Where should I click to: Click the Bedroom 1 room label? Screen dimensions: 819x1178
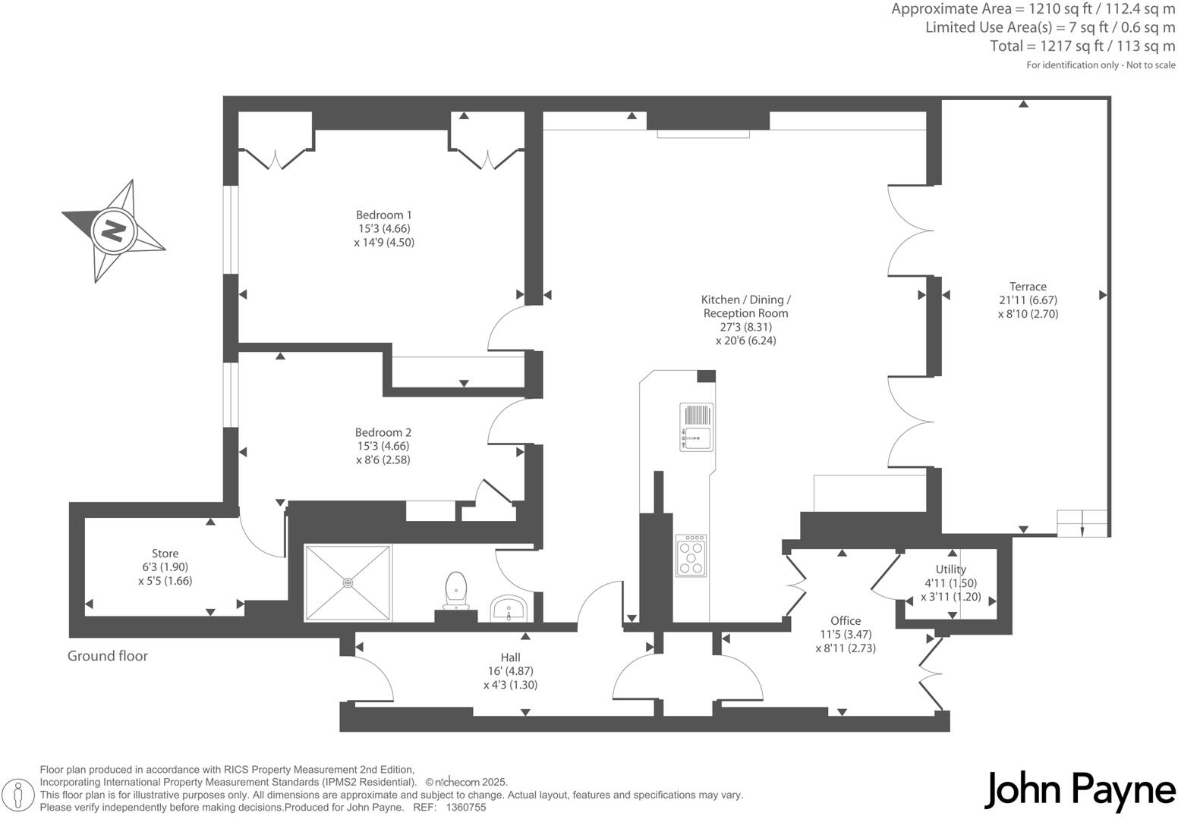coord(384,215)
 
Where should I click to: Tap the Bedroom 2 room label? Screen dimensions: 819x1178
coord(383,432)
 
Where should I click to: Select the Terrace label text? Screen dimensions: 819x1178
coord(1028,286)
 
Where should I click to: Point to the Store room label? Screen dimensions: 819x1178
coord(165,554)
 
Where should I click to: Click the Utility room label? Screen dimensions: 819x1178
coord(950,570)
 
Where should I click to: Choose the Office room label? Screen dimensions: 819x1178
coord(846,620)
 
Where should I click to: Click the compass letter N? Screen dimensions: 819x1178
coord(113,230)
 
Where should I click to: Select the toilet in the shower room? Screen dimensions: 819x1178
coord(455,589)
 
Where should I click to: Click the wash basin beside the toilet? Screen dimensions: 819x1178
coord(509,608)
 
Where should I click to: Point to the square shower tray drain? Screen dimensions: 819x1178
coord(348,582)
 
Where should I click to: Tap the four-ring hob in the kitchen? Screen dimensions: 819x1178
coord(691,556)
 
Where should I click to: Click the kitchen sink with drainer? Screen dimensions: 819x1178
coord(697,426)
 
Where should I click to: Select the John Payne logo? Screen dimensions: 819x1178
coord(1079,790)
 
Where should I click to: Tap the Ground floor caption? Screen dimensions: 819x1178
coord(108,656)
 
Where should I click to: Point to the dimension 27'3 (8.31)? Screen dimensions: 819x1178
coord(745,327)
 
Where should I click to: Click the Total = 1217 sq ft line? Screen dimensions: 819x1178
coord(1082,46)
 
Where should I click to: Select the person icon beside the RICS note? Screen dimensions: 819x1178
coord(21,795)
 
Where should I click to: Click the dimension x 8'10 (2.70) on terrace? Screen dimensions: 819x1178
coord(1028,313)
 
